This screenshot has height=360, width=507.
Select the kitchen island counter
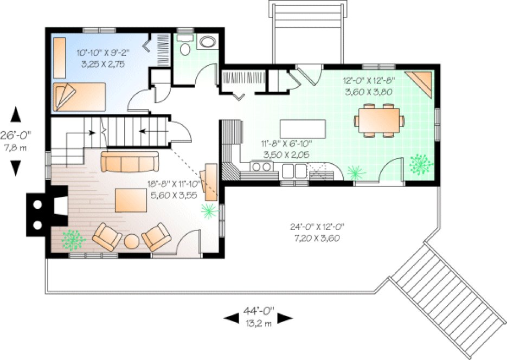coord(303,129)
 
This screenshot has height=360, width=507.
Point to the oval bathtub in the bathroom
coord(207,42)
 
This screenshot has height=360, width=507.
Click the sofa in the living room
coord(130,162)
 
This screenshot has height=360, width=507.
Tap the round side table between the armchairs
coord(132,241)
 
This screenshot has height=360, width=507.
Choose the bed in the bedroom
coord(79,96)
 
